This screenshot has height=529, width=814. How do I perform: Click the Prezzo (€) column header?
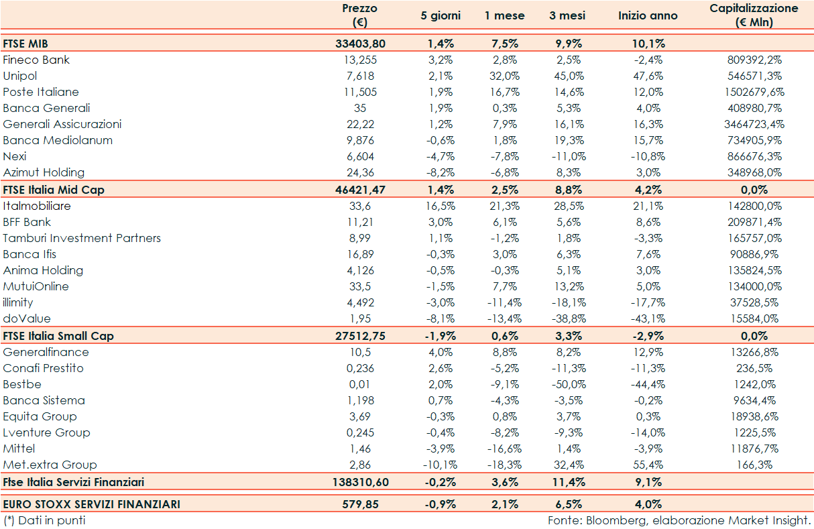point(360,15)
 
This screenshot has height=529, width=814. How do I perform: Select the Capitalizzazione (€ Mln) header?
point(754,15)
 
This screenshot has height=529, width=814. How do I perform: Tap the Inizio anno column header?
point(648,15)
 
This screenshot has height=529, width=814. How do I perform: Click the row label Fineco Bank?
point(36,60)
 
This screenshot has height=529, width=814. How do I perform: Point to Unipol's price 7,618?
point(360,76)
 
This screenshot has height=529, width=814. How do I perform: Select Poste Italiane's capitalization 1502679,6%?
point(754,92)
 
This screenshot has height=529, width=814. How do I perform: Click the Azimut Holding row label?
point(44,172)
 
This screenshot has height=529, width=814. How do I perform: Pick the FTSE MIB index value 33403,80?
point(360,44)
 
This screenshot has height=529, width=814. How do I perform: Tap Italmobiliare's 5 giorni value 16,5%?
point(441,206)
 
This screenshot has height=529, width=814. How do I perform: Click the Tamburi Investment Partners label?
point(82,238)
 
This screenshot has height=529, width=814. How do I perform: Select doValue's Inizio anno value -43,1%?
point(648,318)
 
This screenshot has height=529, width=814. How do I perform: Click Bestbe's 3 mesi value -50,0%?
point(567,384)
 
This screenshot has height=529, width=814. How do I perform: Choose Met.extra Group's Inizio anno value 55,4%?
point(648,465)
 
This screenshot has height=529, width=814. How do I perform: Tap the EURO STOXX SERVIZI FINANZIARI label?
point(91,504)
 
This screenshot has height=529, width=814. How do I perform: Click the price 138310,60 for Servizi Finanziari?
point(360,482)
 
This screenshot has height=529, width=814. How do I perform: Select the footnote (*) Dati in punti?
point(44,520)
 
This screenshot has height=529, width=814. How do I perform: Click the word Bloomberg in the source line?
point(612,520)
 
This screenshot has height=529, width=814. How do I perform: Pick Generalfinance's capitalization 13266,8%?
point(754,352)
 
